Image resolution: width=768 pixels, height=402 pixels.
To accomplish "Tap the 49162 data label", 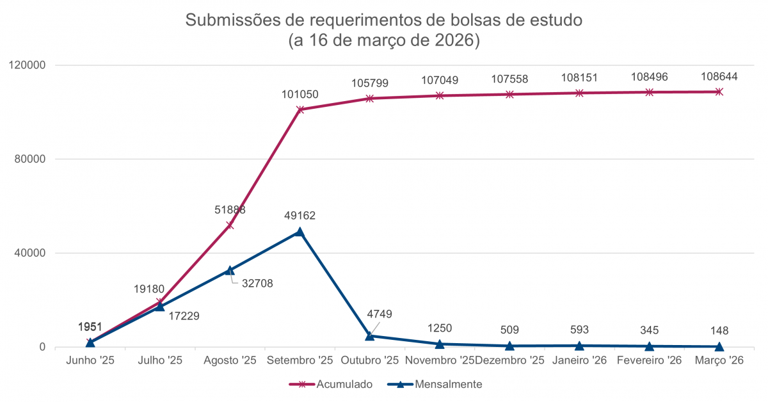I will pyautogui.click(x=300, y=216).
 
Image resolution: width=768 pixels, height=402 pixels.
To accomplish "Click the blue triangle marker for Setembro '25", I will pyautogui.click(x=300, y=232).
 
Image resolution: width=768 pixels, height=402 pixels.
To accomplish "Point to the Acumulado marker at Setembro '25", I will pyautogui.click(x=300, y=109).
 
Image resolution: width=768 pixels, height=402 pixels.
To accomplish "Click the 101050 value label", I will pyautogui.click(x=300, y=95).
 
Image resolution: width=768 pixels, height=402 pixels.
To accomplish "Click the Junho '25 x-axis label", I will pyautogui.click(x=90, y=360).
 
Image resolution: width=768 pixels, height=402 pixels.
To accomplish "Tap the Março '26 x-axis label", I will pyautogui.click(x=719, y=360).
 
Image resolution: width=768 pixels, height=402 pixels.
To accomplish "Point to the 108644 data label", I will pyautogui.click(x=719, y=77).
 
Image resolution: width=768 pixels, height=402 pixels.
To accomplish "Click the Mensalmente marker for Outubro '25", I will pyautogui.click(x=370, y=335).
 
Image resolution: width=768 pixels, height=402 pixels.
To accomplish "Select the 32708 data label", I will pyautogui.click(x=257, y=283).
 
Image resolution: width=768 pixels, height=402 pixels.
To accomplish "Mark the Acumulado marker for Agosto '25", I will pyautogui.click(x=230, y=225).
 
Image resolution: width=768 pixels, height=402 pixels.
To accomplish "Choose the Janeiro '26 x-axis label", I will pyautogui.click(x=579, y=360).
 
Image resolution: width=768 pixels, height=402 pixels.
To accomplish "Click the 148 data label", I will pyautogui.click(x=719, y=331).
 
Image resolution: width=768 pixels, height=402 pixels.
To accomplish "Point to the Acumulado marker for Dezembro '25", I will pyautogui.click(x=509, y=94).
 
